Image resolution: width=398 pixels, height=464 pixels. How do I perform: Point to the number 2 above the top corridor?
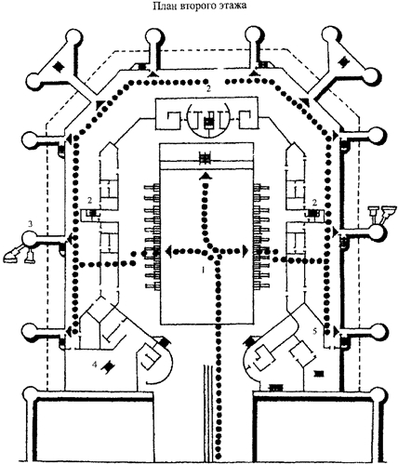click(209, 86)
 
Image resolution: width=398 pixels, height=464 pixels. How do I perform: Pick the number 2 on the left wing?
click(88, 200)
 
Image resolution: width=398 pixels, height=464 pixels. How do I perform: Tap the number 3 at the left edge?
click(30, 223)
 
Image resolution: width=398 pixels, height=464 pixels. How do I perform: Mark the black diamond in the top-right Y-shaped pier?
click(343, 63)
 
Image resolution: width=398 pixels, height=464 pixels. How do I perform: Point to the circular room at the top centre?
click(208, 120)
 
